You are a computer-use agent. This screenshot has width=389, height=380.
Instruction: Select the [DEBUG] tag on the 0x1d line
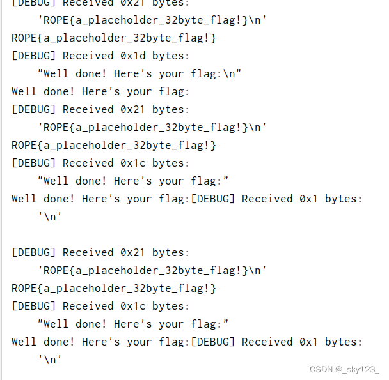coord(34,56)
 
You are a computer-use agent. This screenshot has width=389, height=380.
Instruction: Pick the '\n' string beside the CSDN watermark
coord(50,360)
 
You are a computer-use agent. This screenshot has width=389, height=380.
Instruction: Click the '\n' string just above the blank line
coord(50,217)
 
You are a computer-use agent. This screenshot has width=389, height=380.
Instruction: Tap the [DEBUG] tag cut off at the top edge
coord(34,3)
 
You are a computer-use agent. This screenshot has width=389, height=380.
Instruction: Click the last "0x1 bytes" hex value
coord(309,342)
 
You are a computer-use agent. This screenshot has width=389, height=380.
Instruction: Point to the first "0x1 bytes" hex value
coord(309,199)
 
